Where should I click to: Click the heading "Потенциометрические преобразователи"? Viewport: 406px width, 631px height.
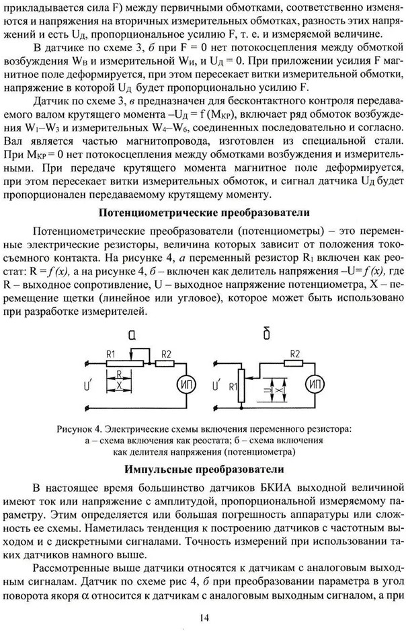point(204,213)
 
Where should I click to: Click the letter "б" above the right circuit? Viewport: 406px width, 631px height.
point(268,334)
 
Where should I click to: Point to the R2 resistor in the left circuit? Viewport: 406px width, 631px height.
point(165,363)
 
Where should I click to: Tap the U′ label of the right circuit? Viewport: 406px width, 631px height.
point(216,385)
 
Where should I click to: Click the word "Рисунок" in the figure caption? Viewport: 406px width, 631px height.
point(91,427)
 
